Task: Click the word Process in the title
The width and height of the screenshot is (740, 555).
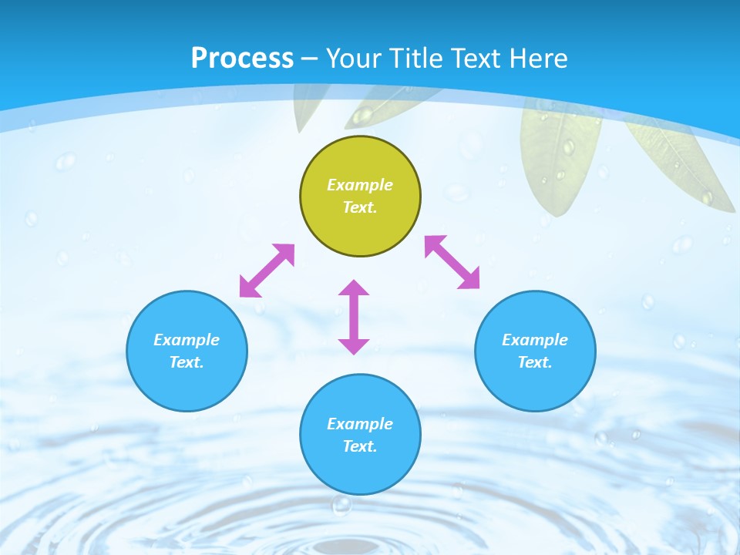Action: click(242, 59)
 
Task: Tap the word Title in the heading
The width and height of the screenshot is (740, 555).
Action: click(419, 59)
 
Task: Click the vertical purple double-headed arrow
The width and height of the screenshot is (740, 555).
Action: click(354, 317)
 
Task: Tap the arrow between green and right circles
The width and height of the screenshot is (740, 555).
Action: click(452, 262)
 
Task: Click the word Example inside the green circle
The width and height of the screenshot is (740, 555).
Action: click(360, 185)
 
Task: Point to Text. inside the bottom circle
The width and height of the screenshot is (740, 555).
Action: click(360, 446)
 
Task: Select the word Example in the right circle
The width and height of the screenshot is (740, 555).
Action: click(535, 340)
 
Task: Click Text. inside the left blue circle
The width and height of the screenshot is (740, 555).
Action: click(187, 362)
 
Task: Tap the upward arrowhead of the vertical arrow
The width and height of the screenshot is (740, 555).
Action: click(354, 288)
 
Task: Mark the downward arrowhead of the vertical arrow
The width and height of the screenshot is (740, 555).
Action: click(354, 346)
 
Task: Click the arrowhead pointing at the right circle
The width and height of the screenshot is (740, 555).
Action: click(470, 280)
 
